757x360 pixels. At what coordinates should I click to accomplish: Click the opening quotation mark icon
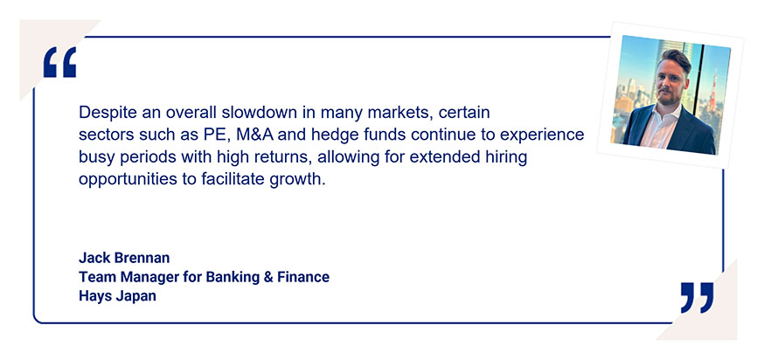click(x=59, y=62)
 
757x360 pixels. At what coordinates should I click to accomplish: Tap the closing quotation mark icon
click(x=697, y=297)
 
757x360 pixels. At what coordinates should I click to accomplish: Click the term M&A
click(x=255, y=135)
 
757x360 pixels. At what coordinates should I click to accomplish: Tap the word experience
click(x=542, y=135)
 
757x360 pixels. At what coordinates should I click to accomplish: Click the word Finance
click(x=303, y=277)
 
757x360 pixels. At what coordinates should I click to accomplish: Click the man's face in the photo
click(x=672, y=83)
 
